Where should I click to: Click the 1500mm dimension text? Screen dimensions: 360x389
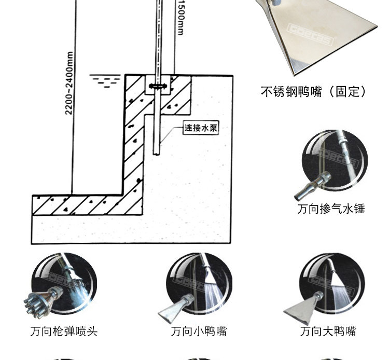tap(180, 18)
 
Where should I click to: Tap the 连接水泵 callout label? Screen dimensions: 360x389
tap(200, 128)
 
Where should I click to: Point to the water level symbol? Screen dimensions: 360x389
tap(105, 80)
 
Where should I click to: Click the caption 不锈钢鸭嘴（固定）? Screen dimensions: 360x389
tap(314, 92)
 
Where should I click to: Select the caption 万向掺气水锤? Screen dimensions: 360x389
tap(331, 209)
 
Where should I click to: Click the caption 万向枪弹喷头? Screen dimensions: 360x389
tap(63, 331)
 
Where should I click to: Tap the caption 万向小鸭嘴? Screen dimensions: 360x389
tap(199, 331)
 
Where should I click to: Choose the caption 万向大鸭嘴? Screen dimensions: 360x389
tap(328, 331)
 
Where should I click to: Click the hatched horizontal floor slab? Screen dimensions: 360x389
tap(78, 204)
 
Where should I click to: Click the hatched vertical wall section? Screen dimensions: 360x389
tap(134, 140)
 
